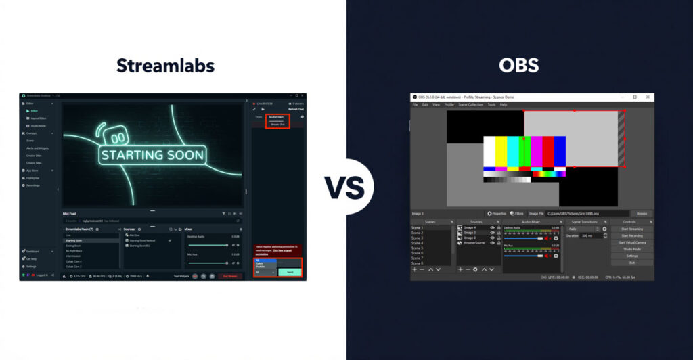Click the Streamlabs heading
point(165,66)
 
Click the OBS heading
point(518,66)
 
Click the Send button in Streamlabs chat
point(290,271)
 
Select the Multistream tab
point(277,117)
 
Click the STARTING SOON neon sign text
point(152,154)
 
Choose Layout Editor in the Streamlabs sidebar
point(38,118)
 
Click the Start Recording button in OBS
point(632,235)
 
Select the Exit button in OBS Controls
point(632,263)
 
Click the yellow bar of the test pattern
point(501,152)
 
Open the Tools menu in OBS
point(491,104)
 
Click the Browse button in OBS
point(642,213)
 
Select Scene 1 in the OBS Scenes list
point(418,227)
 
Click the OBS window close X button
point(648,97)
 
